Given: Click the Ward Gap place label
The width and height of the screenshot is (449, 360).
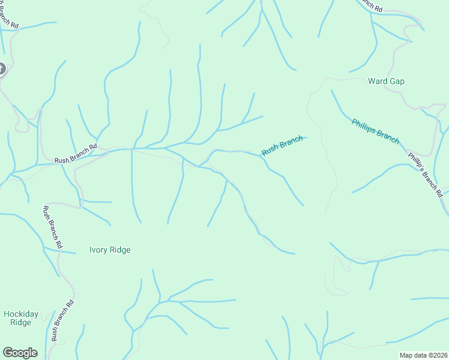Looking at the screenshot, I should pyautogui.click(x=386, y=81).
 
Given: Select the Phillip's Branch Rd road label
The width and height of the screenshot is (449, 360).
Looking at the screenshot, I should pyautogui.click(x=425, y=174).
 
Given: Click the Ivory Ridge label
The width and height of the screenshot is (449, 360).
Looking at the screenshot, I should pyautogui.click(x=109, y=250).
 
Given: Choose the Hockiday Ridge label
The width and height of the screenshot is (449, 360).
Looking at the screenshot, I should pyautogui.click(x=20, y=318).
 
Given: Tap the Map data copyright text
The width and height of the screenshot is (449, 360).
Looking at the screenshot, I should pyautogui.click(x=423, y=355).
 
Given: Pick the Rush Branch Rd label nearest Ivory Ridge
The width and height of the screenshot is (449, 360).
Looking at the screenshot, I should pyautogui.click(x=52, y=227).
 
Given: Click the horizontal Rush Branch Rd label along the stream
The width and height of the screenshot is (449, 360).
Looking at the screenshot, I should pyautogui.click(x=76, y=154).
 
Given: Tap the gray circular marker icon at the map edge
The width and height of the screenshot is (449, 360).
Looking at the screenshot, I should pyautogui.click(x=1, y=69).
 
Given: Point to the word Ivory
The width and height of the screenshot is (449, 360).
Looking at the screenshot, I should pyautogui.click(x=98, y=250).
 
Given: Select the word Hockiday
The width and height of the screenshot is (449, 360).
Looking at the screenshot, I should pyautogui.click(x=20, y=314).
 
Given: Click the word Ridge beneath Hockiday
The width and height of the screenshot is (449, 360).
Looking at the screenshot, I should pyautogui.click(x=20, y=323).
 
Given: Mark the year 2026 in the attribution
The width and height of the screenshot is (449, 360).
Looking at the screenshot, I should pyautogui.click(x=439, y=355).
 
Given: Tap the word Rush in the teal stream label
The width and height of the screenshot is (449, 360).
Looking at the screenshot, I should pyautogui.click(x=270, y=150).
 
